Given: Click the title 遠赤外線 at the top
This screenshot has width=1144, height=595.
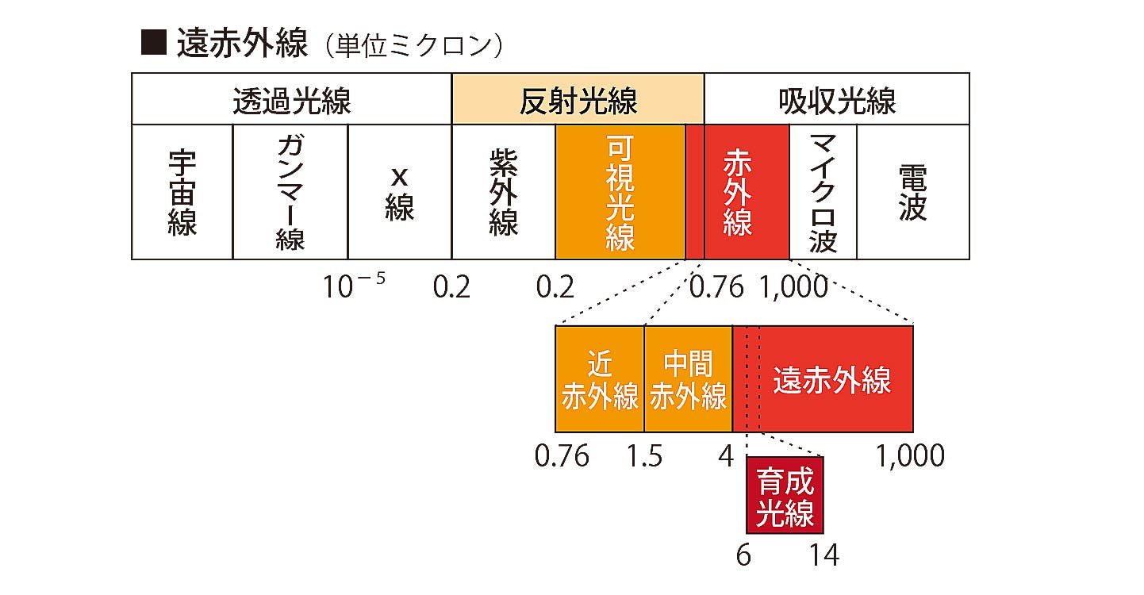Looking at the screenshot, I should tap(241, 44).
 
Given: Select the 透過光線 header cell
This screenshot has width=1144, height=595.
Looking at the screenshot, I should tap(291, 100).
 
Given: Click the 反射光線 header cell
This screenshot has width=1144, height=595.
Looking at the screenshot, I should tap(578, 100).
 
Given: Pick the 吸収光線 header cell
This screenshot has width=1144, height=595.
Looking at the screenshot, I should tap(836, 100).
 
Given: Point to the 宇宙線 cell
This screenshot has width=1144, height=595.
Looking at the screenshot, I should tap(182, 192).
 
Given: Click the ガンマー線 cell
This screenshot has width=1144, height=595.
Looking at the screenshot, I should tap(290, 192).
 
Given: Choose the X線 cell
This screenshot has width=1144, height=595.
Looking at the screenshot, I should tap(399, 192).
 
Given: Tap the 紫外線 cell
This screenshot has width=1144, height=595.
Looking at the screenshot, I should tap(503, 192).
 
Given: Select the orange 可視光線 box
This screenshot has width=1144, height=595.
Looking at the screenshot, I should tap(619, 192).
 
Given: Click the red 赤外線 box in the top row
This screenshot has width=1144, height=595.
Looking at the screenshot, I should tap(738, 192).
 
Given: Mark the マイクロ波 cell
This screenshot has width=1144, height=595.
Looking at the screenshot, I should tap(823, 192).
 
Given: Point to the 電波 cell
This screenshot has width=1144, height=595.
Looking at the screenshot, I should tap(912, 192).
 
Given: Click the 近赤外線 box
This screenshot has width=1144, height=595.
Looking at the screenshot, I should tap(599, 379).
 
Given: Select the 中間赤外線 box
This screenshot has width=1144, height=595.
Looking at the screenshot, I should tap(688, 379).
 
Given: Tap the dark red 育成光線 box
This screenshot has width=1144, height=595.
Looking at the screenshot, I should tap(785, 495).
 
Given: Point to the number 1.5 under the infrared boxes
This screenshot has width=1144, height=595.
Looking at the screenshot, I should tap(644, 456).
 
